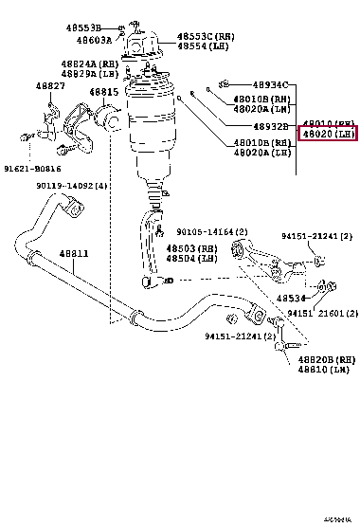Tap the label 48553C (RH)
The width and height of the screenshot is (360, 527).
pyautogui.click(x=206, y=37)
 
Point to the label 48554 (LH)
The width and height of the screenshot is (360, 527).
pyautogui.click(x=205, y=47)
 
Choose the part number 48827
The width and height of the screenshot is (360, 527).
pyautogui.click(x=51, y=86)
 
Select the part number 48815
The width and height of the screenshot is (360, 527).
pyautogui.click(x=104, y=93)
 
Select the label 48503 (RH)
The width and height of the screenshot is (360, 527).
pyautogui.click(x=194, y=248)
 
